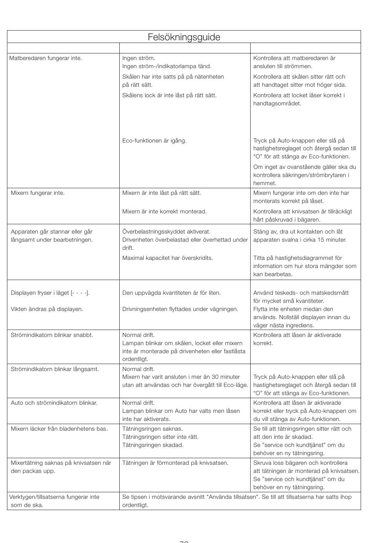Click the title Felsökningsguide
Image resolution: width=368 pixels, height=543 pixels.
coord(184,37)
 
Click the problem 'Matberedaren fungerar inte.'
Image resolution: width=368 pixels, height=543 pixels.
coord(46,58)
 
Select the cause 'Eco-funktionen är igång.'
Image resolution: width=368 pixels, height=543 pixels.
coord(154,141)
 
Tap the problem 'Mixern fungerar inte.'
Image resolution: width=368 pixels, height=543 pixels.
coord(38,193)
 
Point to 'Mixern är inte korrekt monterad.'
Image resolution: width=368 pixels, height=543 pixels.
coord(164,211)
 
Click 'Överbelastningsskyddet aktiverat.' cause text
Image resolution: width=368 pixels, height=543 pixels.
coord(166,232)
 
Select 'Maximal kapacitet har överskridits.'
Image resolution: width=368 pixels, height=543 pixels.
coord(167,258)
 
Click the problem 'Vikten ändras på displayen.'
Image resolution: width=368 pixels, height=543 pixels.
coord(47,309)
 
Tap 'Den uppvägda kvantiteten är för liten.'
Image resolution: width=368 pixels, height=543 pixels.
coord(171,293)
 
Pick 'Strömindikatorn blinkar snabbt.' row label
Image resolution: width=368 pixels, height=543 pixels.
coord(52,335)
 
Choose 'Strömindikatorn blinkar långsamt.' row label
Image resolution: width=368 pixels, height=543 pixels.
coord(55,369)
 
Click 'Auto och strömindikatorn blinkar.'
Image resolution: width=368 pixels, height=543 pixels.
coord(54,403)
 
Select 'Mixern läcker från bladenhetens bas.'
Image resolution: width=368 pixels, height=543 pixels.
coord(59,429)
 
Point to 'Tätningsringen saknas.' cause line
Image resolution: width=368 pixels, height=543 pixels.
coord(152,429)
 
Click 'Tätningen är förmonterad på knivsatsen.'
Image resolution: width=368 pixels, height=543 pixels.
coord(175,463)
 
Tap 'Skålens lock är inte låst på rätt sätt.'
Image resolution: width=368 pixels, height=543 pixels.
coord(169,95)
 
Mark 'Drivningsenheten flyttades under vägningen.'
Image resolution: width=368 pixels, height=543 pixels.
coord(180,309)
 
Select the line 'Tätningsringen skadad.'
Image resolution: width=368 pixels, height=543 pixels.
coord(153,445)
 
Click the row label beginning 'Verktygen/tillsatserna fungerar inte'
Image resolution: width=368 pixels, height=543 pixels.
coord(54,497)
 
